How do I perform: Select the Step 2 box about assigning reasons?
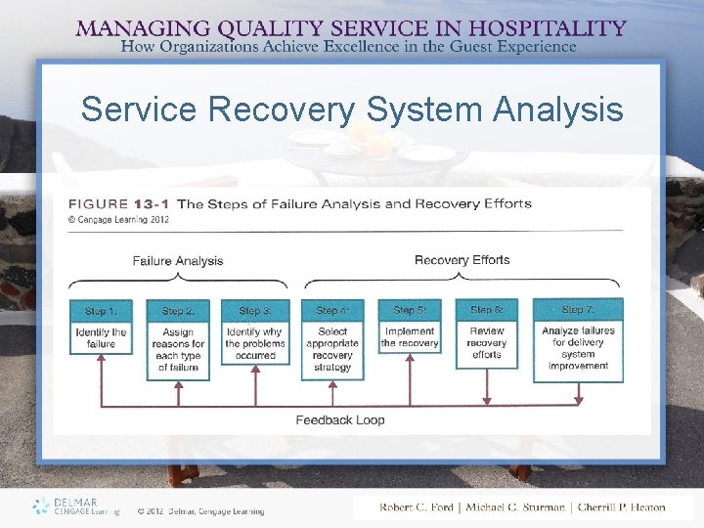(x=178, y=338)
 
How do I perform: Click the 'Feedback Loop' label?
(x=340, y=420)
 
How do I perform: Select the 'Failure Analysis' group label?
(x=178, y=261)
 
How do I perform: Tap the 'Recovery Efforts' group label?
(x=462, y=260)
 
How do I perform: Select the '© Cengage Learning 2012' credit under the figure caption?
(x=118, y=220)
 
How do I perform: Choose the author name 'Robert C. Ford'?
(x=418, y=507)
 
